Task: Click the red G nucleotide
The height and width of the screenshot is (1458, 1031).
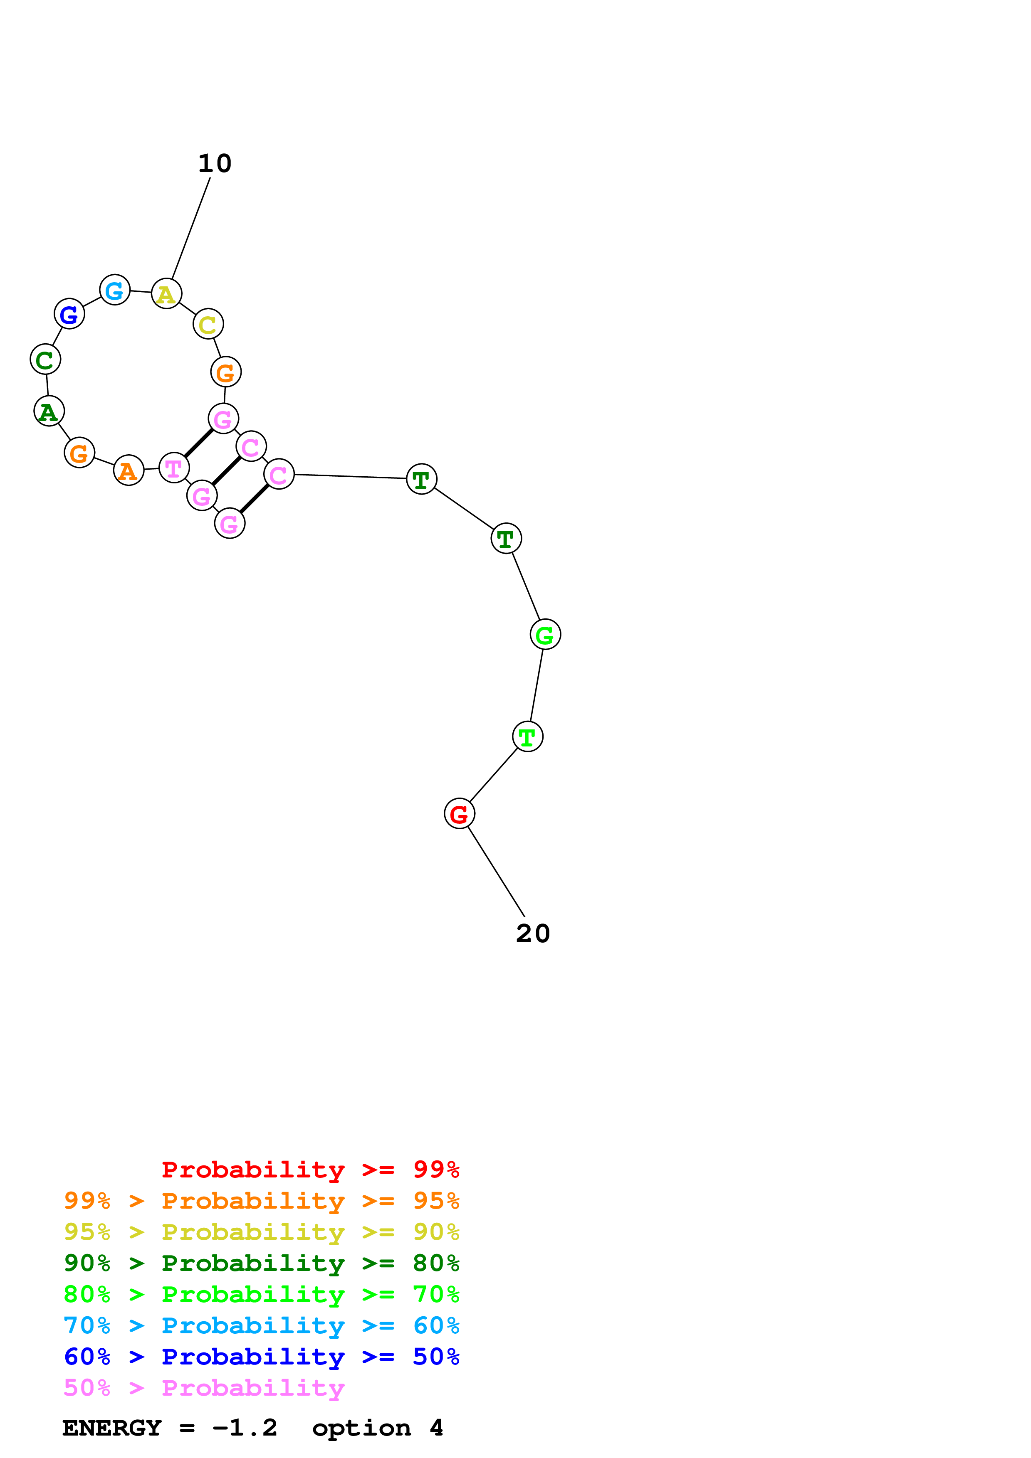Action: pyautogui.click(x=459, y=813)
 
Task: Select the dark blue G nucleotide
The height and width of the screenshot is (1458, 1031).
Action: pyautogui.click(x=69, y=314)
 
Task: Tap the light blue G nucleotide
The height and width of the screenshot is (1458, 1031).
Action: pyautogui.click(x=115, y=290)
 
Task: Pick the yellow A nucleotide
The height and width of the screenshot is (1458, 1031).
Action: pyautogui.click(x=166, y=294)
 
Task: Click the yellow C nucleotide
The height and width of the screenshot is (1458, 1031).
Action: pyautogui.click(x=208, y=325)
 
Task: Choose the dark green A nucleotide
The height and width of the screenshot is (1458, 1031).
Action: pyautogui.click(x=49, y=411)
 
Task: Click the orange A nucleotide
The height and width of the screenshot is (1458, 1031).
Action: pyautogui.click(x=129, y=470)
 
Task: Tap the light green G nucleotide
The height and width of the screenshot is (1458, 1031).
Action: pyautogui.click(x=545, y=634)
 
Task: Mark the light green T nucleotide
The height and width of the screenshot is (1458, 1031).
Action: pyautogui.click(x=527, y=736)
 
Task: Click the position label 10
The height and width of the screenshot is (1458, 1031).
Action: pyautogui.click(x=215, y=164)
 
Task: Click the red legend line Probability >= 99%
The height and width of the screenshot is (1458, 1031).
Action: pyautogui.click(x=310, y=1170)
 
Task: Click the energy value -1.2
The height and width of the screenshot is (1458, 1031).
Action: pyautogui.click(x=245, y=1428)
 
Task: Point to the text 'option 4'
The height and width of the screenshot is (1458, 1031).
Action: pyautogui.click(x=377, y=1428)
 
